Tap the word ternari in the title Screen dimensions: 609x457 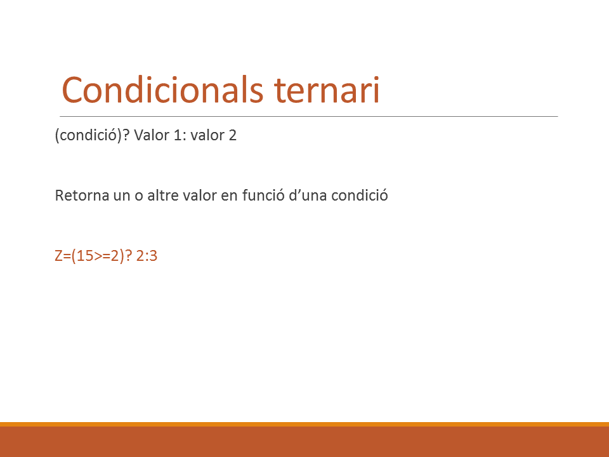click(327, 90)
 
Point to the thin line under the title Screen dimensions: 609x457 click(309, 116)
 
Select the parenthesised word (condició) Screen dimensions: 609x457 click(89, 135)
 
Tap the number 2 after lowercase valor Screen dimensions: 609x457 click(232, 135)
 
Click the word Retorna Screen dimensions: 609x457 click(82, 195)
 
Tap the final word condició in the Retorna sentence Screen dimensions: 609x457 click(359, 195)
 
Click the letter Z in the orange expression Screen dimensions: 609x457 click(58, 256)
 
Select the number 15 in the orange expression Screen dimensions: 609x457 click(84, 256)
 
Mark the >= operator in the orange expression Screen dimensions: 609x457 click(102, 256)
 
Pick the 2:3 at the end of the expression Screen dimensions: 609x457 click(147, 256)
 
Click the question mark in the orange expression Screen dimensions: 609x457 click(129, 256)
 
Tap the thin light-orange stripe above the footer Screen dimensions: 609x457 click(304, 425)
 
